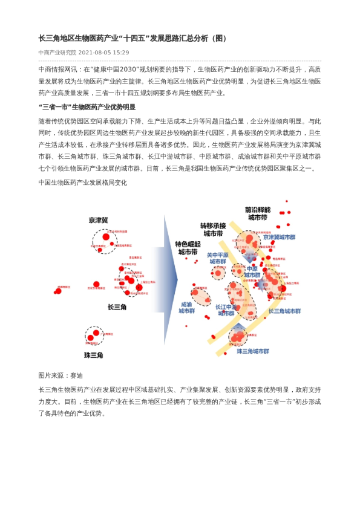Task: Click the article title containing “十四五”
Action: (x=133, y=38)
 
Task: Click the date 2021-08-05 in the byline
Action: (x=103, y=53)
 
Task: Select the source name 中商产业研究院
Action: (x=57, y=53)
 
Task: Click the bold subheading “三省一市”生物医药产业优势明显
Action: (x=87, y=106)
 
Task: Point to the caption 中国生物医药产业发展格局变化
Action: (x=82, y=182)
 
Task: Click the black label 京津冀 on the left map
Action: (x=98, y=220)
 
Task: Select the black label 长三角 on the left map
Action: (x=117, y=307)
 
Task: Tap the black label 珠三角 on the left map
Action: (x=94, y=355)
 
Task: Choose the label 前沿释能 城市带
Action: (x=258, y=213)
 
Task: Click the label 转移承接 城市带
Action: (x=213, y=229)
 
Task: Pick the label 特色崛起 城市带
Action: (x=188, y=248)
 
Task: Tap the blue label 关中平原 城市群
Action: (x=218, y=258)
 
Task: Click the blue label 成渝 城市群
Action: (x=186, y=308)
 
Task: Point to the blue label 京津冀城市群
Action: (x=279, y=238)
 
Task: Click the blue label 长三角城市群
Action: (x=284, y=311)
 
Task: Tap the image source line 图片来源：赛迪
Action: (x=61, y=375)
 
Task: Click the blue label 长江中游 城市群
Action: (x=226, y=310)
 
